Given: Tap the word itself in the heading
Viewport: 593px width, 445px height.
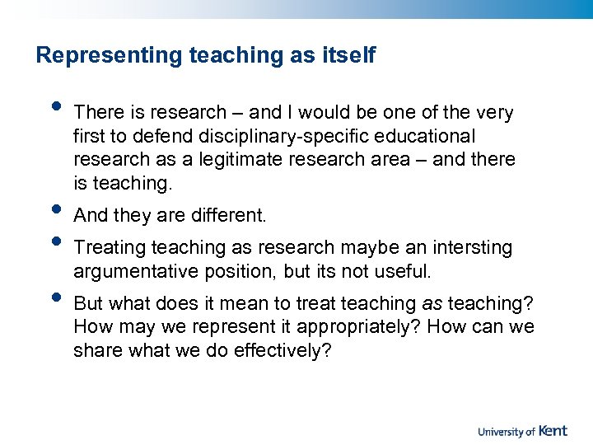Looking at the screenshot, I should (x=348, y=55).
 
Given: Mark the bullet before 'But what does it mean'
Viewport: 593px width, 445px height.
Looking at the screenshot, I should (x=55, y=297).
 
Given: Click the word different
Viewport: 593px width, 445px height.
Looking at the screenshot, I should (x=227, y=216).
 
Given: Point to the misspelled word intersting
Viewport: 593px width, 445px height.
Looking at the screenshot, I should (x=467, y=247).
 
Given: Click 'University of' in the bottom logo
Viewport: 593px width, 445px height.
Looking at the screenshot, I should (x=507, y=431).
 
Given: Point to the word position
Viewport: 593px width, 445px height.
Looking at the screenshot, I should (x=241, y=271).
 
